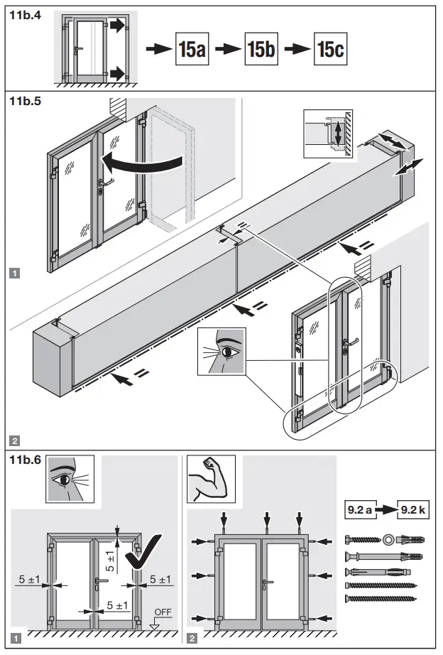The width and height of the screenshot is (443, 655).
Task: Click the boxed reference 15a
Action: (x=192, y=50)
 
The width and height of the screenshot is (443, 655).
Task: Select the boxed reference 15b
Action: (x=263, y=50)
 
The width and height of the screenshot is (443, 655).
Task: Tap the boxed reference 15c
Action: (x=332, y=50)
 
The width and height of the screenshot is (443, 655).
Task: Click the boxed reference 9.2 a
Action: (x=363, y=510)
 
